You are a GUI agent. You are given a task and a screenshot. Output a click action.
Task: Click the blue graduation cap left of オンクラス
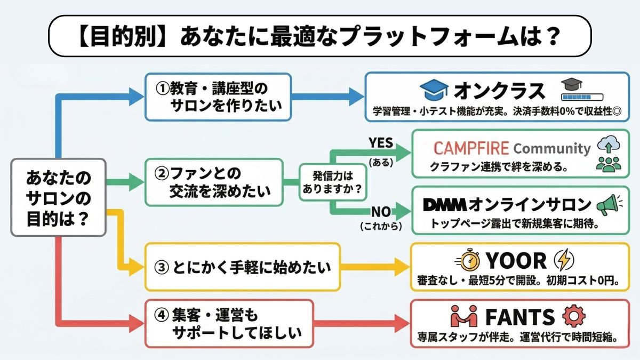coord(434,91)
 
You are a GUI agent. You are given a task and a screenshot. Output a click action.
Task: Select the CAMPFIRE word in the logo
coord(471,148)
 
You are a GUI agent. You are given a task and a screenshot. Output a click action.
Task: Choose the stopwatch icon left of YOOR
coord(468,261)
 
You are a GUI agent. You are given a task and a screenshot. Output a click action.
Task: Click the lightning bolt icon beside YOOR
coord(563,261)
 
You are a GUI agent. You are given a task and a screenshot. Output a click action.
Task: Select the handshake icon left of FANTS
coord(463,317)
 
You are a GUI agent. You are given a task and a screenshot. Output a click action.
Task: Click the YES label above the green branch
coord(381,143)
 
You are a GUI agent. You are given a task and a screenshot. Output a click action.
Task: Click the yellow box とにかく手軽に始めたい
coord(242,267)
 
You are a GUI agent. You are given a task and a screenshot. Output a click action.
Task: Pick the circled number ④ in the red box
coord(162,315)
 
